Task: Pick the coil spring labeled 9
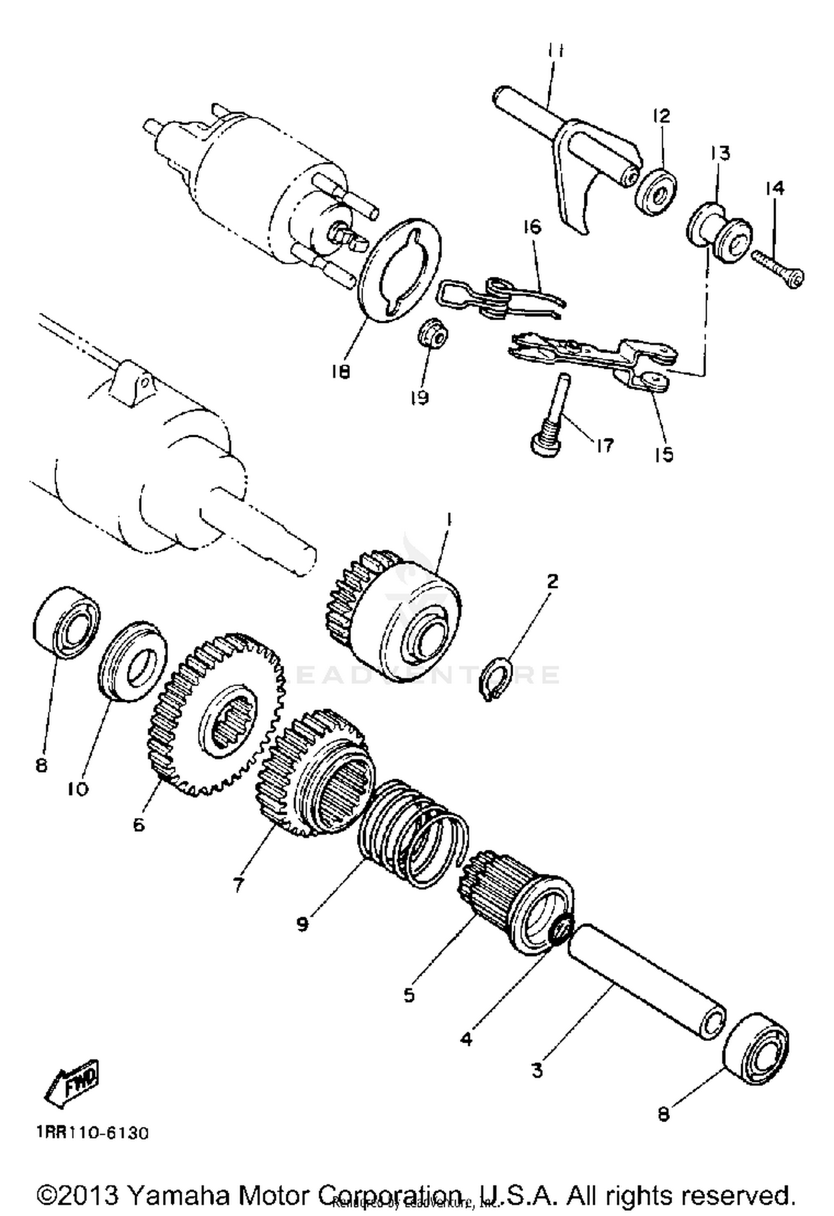411,840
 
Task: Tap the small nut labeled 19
433,333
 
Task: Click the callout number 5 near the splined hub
409,994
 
